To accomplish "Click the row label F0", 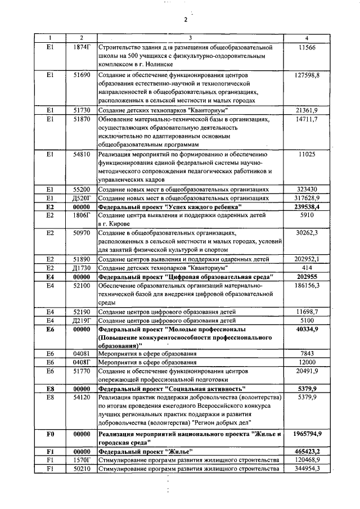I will (x=49, y=434).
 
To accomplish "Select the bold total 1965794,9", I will (x=307, y=434).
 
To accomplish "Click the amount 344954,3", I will (x=307, y=469).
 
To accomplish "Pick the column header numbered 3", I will (x=190, y=38).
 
